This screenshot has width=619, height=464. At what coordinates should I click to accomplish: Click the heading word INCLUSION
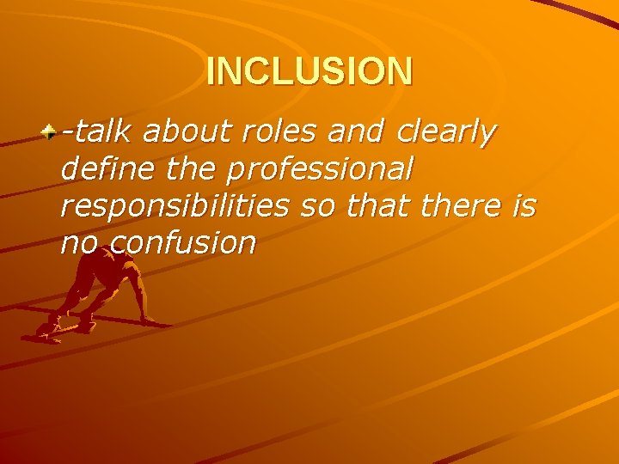point(309,71)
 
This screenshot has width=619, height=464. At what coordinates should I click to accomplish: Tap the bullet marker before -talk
point(51,132)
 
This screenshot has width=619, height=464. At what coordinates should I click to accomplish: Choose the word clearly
point(447,133)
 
